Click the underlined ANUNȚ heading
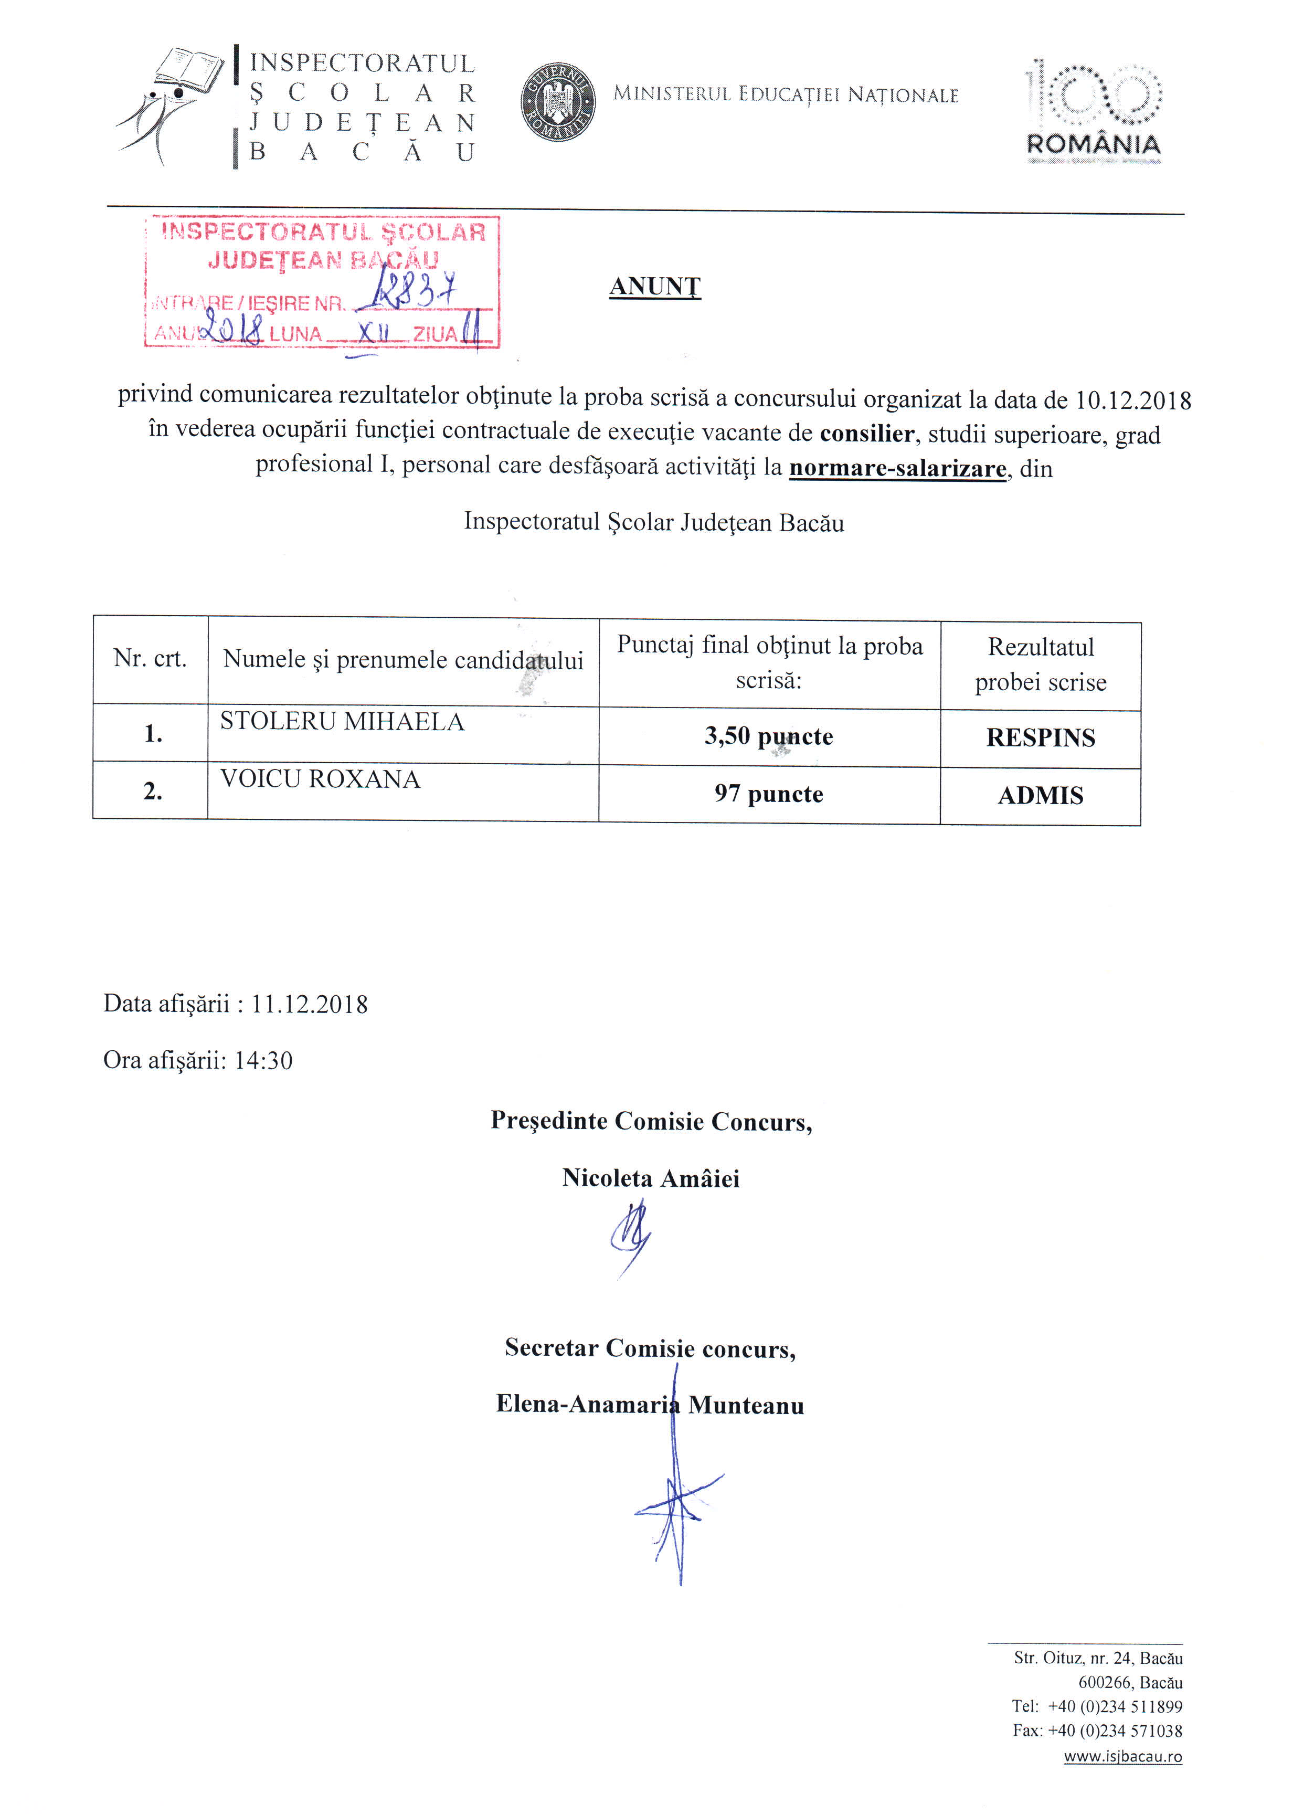pos(654,286)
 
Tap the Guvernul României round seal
pos(558,102)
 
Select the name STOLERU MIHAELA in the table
pos(342,722)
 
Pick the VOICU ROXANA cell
pos(320,779)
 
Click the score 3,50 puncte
pos(768,736)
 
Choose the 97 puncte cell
pos(768,794)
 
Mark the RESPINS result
pos(1040,738)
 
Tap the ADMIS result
pos(1040,796)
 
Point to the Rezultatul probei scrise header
pos(1040,664)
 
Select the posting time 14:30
pos(263,1061)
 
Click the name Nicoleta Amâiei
pos(651,1178)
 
